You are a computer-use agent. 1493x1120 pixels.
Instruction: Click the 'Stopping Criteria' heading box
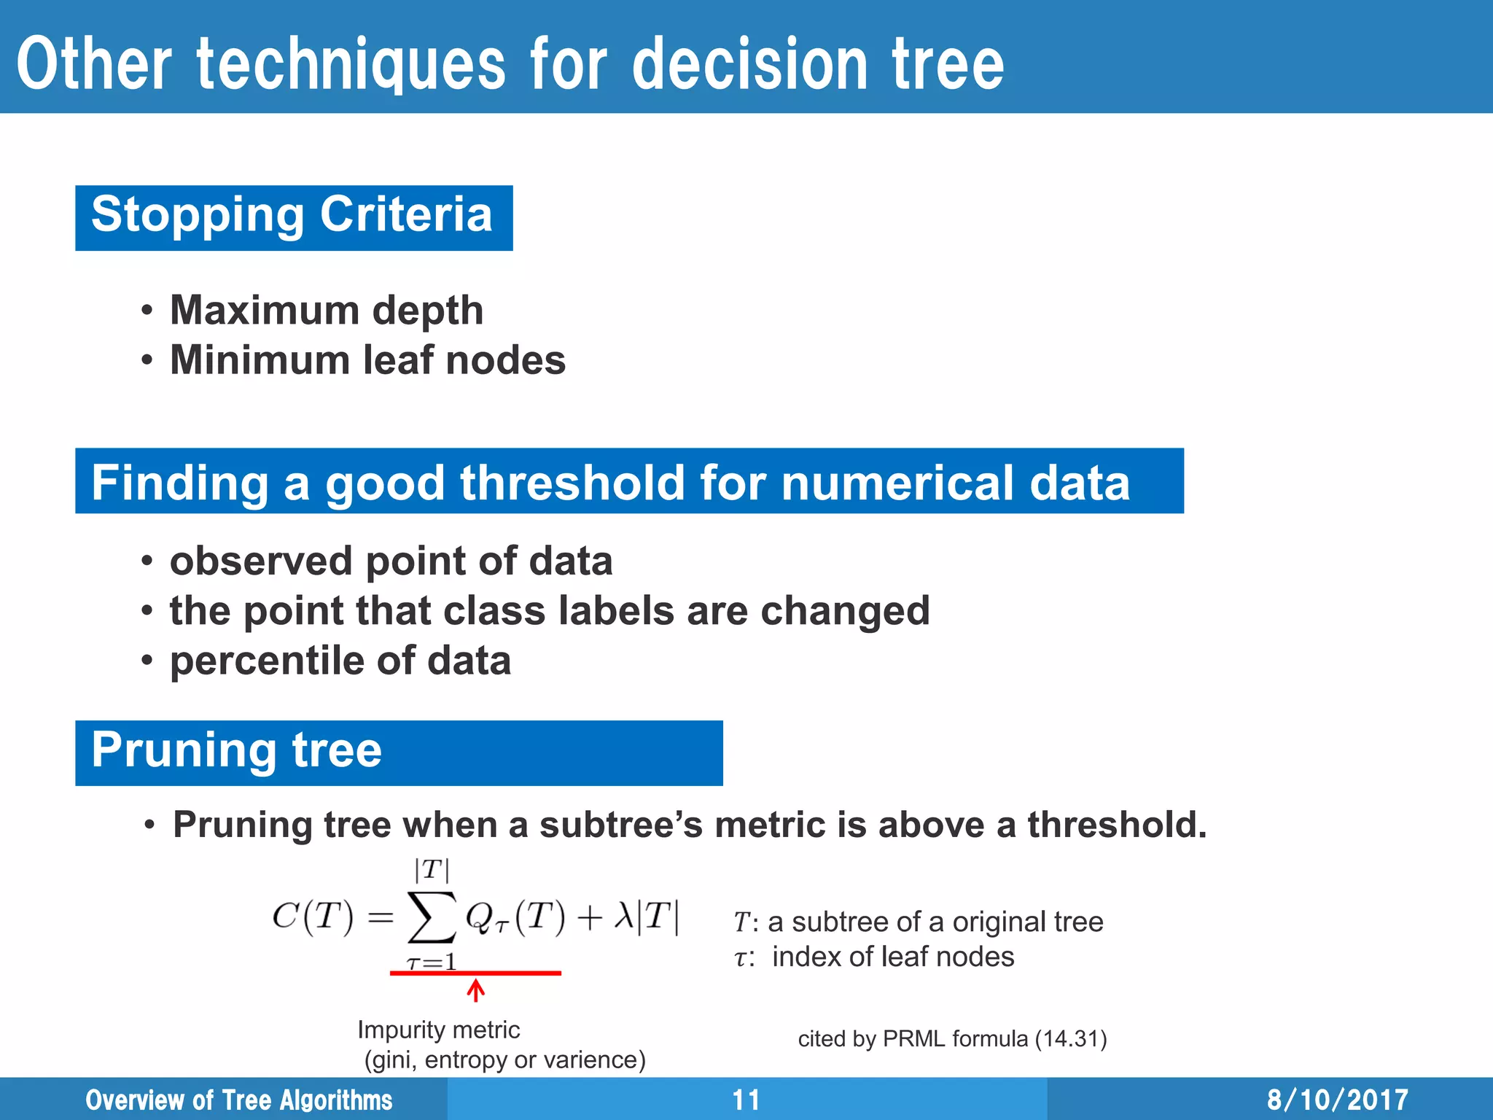click(293, 217)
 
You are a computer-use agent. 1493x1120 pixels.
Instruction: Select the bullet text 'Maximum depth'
click(327, 311)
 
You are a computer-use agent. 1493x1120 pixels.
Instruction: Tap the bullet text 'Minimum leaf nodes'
click(367, 360)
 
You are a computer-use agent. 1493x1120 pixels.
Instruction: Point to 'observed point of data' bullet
click(391, 561)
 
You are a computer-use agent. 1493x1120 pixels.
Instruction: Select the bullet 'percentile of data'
click(340, 661)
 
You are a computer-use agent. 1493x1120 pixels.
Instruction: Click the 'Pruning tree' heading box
click(398, 752)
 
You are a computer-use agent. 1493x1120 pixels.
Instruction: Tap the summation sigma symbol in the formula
click(432, 917)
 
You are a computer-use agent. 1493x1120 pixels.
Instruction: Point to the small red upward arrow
click(476, 991)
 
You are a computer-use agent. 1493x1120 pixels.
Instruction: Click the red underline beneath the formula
click(475, 973)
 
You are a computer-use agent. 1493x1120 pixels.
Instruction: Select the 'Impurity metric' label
click(438, 1030)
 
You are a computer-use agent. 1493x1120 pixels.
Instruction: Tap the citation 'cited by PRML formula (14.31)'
click(952, 1038)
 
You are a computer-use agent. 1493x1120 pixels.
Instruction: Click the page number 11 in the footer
click(746, 1100)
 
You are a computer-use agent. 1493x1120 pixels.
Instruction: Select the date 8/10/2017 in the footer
click(1337, 1100)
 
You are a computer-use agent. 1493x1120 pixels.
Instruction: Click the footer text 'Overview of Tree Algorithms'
click(238, 1100)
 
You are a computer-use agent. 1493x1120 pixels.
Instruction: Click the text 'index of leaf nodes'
click(892, 957)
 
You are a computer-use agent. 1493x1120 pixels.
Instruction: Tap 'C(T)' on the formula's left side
click(312, 917)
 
